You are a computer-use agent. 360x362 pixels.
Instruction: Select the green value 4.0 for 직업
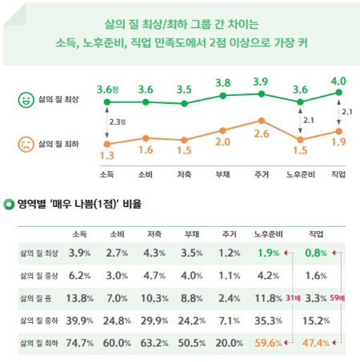click(x=338, y=82)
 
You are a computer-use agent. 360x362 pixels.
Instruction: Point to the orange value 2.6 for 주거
click(x=261, y=133)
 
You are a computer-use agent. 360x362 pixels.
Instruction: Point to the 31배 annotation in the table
click(x=293, y=298)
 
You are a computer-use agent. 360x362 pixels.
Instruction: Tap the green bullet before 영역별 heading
click(x=9, y=205)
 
